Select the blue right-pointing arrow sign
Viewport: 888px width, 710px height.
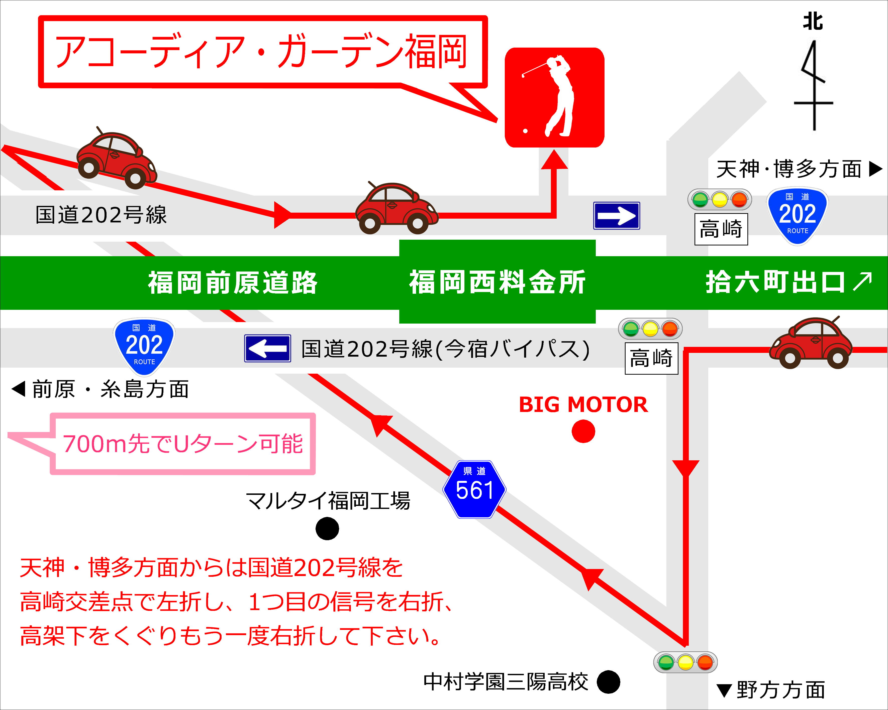pyautogui.click(x=617, y=216)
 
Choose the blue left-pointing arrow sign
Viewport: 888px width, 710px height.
pyautogui.click(x=268, y=348)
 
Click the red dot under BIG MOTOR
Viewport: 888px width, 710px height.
pyautogui.click(x=583, y=431)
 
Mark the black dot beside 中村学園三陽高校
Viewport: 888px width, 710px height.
pyautogui.click(x=608, y=682)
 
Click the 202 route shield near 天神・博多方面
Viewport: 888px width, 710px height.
pyautogui.click(x=797, y=216)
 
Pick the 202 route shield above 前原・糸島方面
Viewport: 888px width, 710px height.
pyautogui.click(x=144, y=347)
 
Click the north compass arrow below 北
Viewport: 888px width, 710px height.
pyautogui.click(x=814, y=86)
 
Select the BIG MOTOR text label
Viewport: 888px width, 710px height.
pyautogui.click(x=583, y=405)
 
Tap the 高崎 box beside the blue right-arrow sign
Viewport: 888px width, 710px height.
pyautogui.click(x=721, y=229)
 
